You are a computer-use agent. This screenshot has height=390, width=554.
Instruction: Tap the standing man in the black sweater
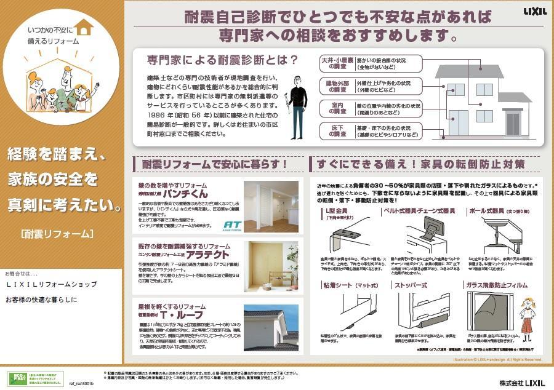pos(299,108)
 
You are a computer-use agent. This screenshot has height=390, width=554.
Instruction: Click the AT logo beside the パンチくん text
pos(231,225)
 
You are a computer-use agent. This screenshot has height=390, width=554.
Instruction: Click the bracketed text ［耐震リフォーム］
pos(57,234)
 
